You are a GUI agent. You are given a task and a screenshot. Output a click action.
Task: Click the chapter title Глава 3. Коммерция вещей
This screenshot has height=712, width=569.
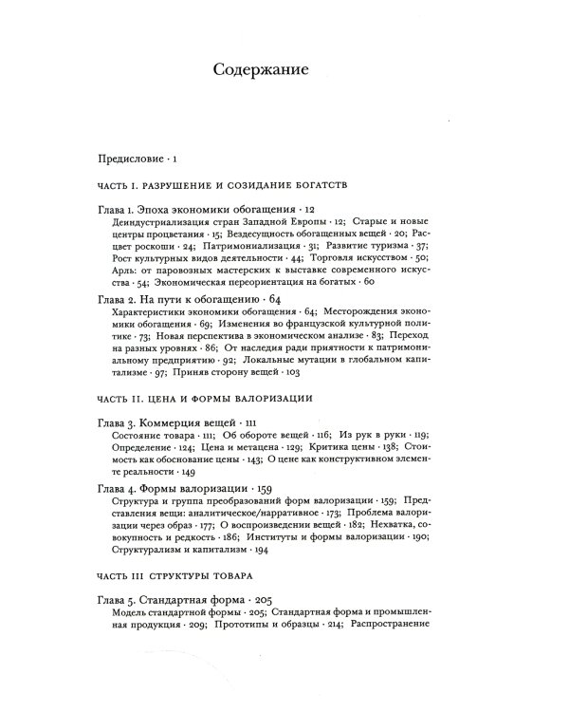(165, 447)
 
